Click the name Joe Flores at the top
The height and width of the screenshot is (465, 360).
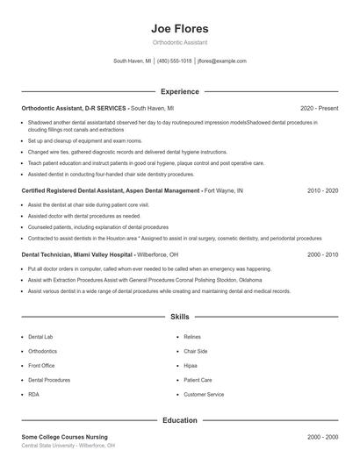[179, 28]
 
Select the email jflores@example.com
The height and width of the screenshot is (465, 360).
[222, 61]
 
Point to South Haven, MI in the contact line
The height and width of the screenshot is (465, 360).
[132, 61]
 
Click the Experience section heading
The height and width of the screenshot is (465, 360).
[179, 91]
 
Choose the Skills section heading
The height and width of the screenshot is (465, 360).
[179, 316]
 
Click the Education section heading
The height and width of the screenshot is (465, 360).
[179, 420]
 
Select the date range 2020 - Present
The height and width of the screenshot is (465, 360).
[319, 108]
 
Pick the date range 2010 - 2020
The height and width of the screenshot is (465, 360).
[322, 190]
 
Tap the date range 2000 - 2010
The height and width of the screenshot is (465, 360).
[322, 254]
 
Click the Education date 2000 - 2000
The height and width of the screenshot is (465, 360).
[322, 436]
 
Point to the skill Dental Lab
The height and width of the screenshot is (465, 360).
[40, 337]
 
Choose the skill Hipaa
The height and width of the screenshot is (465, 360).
[191, 366]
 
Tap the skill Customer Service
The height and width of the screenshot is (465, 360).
[204, 395]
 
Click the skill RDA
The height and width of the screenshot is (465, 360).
[34, 395]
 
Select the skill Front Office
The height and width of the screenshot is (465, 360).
[41, 366]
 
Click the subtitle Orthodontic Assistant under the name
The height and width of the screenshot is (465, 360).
[179, 43]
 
